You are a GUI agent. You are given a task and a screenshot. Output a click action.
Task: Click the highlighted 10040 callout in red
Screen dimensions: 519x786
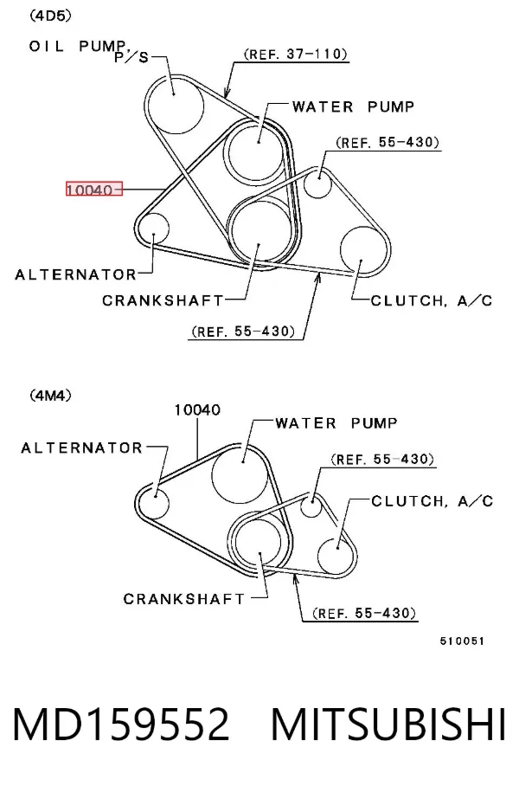[x=94, y=190]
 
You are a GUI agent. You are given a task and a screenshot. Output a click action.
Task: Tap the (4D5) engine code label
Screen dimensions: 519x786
[x=50, y=16]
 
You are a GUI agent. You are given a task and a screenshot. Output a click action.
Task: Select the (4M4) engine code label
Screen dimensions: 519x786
[x=50, y=396]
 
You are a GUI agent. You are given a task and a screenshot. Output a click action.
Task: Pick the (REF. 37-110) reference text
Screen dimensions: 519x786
[x=296, y=54]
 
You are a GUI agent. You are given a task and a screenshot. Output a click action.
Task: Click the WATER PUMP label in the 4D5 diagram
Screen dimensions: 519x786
[x=353, y=106]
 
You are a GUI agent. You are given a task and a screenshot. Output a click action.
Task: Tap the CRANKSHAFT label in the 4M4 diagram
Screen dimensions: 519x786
[x=184, y=599]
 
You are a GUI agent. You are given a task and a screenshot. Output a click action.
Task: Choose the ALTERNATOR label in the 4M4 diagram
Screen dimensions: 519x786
[x=81, y=448]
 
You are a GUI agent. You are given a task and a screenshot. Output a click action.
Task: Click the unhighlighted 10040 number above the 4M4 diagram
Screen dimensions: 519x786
[x=197, y=410]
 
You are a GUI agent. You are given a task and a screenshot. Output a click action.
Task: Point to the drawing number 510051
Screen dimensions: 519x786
[x=462, y=641]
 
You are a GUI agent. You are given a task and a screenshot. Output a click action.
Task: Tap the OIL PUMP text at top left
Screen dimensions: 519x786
[x=78, y=47]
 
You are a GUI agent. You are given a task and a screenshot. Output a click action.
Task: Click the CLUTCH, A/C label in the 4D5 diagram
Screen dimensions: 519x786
[x=432, y=300]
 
